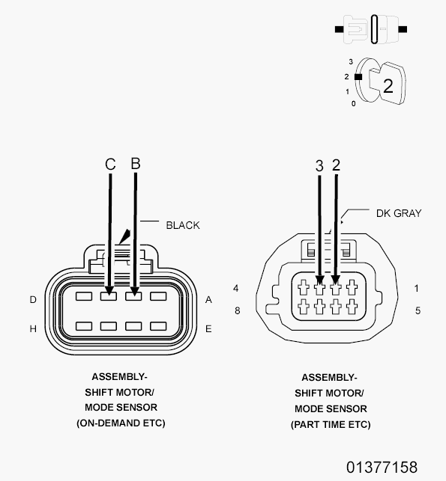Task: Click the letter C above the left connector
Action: point(110,164)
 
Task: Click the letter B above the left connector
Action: point(136,164)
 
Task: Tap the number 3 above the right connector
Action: point(319,166)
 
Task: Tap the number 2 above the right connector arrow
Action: point(337,165)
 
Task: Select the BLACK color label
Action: point(183,225)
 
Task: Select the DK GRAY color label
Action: point(399,213)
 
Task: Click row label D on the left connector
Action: point(33,300)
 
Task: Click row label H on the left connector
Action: point(33,329)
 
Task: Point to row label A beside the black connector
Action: point(208,300)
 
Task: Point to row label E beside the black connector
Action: point(208,329)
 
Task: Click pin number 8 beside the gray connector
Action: point(238,310)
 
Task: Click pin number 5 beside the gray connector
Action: point(418,310)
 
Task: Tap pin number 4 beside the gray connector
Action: point(236,288)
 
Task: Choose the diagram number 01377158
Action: point(382,468)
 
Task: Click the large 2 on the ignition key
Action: point(388,86)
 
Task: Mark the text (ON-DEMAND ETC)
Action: point(121,423)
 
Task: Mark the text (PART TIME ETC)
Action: point(331,425)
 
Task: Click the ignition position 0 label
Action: point(354,104)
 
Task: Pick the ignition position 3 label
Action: point(351,61)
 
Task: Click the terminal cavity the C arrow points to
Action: point(109,296)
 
